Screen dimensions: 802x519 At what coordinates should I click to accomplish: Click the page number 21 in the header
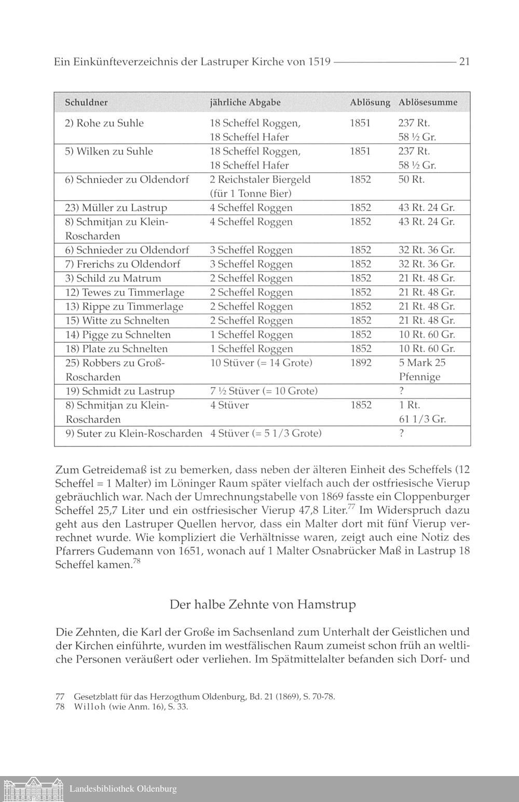pos(465,62)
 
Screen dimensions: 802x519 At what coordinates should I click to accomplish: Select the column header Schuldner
pos(86,102)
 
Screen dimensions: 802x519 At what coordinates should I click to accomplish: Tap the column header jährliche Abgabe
pos(245,102)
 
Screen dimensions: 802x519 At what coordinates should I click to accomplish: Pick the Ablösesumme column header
pos(428,102)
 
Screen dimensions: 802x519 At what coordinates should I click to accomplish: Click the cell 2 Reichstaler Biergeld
pos(260,179)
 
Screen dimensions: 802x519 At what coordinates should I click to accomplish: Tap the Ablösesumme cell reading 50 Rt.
pos(411,179)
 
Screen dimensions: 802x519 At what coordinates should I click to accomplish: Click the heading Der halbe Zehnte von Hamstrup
pos(263,605)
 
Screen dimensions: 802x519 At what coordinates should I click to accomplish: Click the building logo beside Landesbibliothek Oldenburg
pos(32,789)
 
